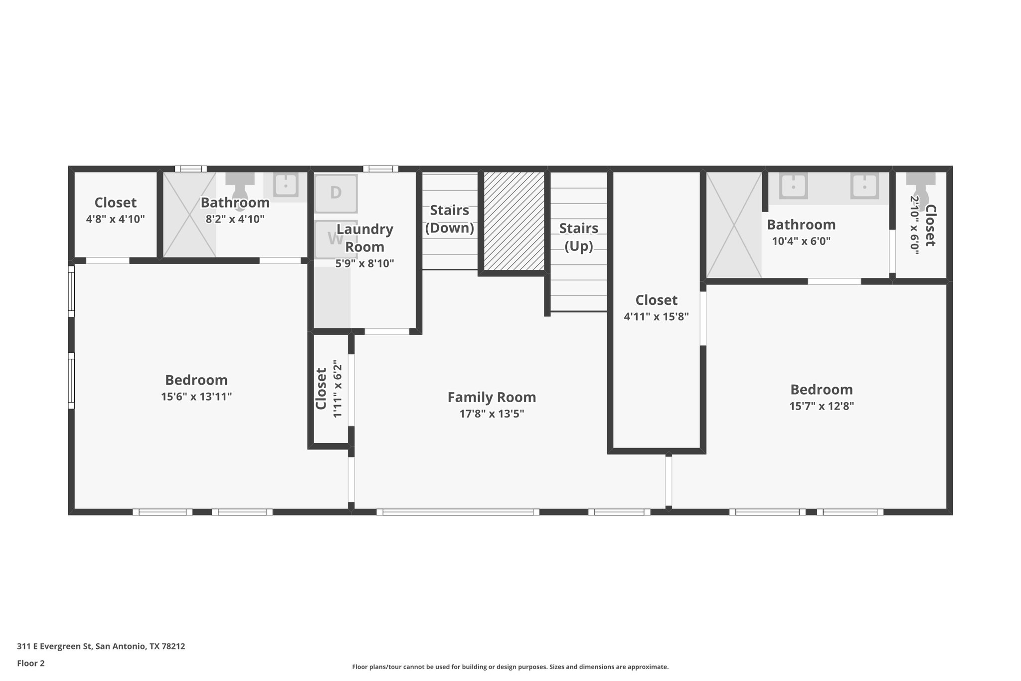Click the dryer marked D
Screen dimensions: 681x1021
[x=336, y=193]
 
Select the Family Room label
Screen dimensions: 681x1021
[x=492, y=397]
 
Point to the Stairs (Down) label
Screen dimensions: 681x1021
[x=449, y=219]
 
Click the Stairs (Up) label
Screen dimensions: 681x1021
[x=578, y=237]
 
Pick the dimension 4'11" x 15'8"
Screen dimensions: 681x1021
[x=656, y=316]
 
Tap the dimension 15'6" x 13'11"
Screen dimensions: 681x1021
[x=196, y=397]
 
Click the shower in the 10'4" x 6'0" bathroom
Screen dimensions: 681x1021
[x=734, y=225]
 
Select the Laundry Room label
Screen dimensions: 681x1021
[x=364, y=238]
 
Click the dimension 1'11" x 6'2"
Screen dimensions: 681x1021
[x=338, y=389]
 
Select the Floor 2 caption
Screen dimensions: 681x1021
[x=30, y=663]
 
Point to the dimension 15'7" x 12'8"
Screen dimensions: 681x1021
[x=821, y=406]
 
